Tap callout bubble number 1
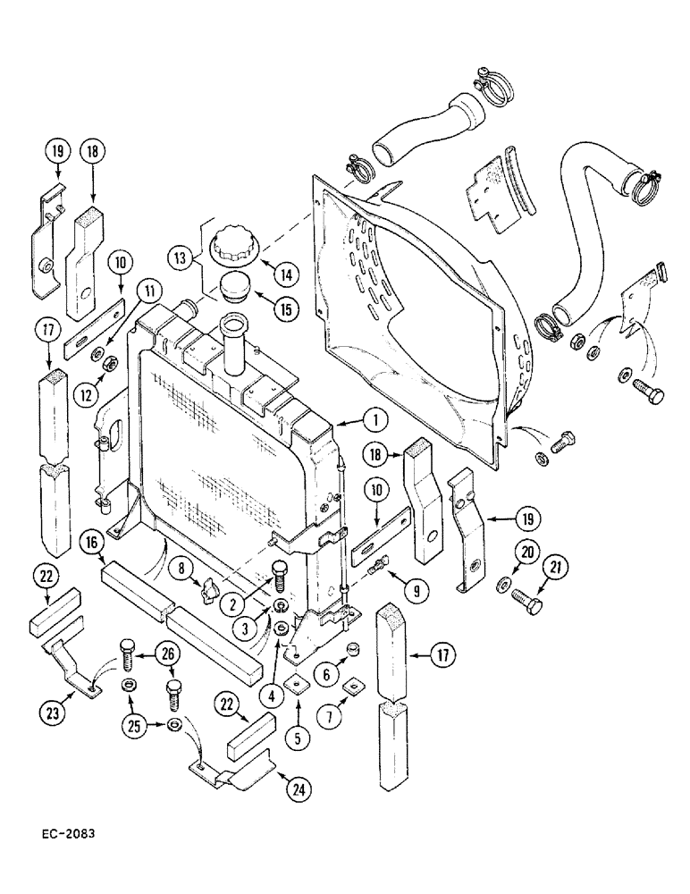coord(376,418)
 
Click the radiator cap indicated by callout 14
coord(235,248)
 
